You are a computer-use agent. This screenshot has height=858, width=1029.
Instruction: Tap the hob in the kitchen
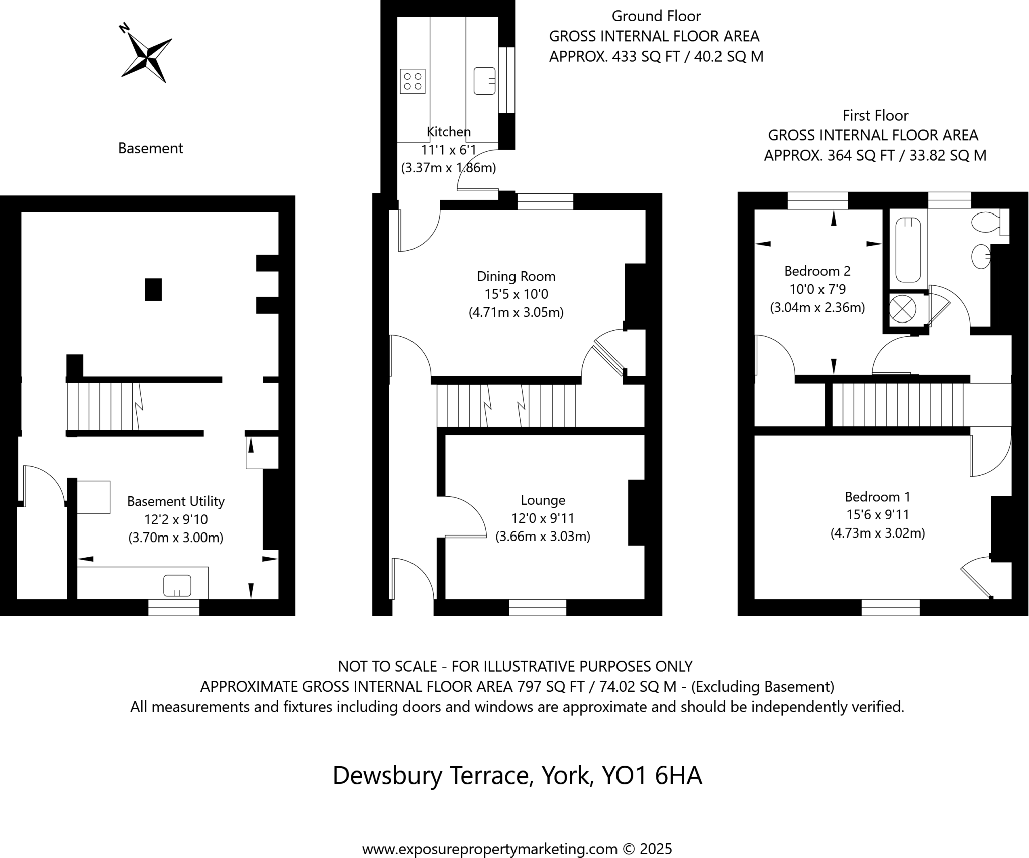[413, 81]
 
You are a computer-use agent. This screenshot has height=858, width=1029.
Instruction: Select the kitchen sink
[484, 81]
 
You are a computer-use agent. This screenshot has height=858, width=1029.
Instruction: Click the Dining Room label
[516, 276]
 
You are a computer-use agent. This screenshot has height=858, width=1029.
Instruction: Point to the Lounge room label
[543, 500]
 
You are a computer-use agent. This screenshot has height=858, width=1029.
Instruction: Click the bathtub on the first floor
[907, 250]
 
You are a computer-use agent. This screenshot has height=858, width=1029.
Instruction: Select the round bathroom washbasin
[981, 256]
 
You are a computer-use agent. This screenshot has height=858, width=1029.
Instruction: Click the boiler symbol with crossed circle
[902, 309]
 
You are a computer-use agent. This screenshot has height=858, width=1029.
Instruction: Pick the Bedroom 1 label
[877, 497]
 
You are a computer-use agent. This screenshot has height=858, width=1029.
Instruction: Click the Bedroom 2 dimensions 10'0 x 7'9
[817, 289]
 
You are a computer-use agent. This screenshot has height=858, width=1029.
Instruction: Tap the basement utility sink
[177, 586]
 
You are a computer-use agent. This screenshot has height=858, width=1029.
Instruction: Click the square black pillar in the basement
[153, 290]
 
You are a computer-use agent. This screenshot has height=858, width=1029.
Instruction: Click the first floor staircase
[897, 405]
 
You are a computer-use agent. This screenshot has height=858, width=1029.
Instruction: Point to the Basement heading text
[150, 148]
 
